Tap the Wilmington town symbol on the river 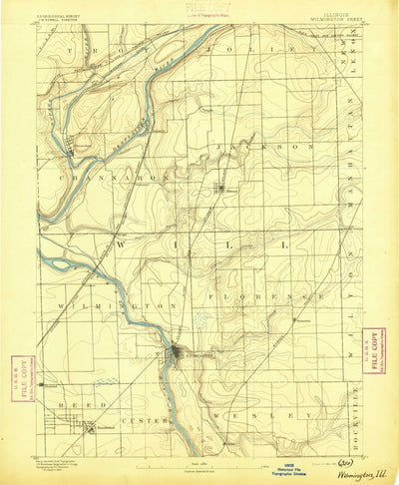pos(176,352)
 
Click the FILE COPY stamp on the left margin pos(15,377)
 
